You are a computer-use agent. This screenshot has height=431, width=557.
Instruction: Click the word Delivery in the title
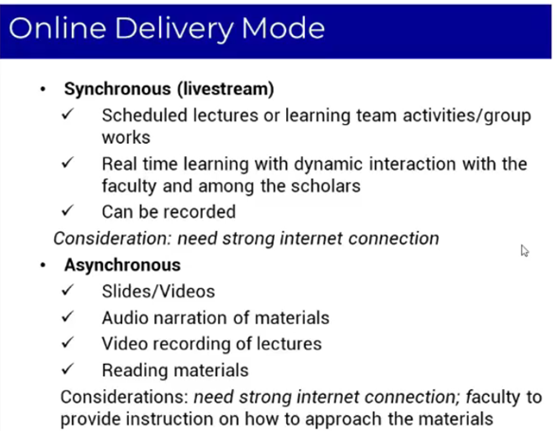[x=174, y=29]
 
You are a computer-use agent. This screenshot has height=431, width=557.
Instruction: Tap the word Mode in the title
[x=283, y=27]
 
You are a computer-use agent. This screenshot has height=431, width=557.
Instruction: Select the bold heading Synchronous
[x=117, y=89]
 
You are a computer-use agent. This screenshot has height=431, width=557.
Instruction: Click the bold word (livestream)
[x=225, y=89]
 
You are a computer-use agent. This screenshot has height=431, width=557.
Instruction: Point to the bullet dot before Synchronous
[x=43, y=89]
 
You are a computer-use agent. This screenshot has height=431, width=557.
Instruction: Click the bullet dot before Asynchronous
[x=43, y=265]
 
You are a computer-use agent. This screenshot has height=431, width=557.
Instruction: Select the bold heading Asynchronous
[x=122, y=265]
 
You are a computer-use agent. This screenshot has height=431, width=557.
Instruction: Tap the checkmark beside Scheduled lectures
[x=67, y=115]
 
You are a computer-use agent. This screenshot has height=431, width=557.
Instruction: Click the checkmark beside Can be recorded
[x=67, y=210]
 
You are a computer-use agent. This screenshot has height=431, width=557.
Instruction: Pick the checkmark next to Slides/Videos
[x=67, y=290]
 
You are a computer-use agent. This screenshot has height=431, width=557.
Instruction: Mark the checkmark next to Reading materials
[x=67, y=368]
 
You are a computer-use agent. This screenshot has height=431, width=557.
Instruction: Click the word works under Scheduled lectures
[x=126, y=138]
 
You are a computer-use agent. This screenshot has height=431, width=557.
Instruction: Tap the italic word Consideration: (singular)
[x=113, y=239]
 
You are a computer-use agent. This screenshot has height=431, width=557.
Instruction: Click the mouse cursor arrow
[x=525, y=250]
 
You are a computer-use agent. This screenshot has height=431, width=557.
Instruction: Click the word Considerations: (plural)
[x=124, y=397]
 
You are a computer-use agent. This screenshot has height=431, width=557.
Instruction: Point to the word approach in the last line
[x=343, y=420]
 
